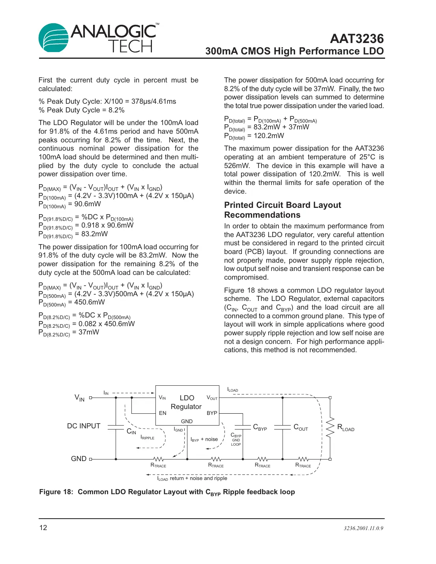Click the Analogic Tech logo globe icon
pos(53,37)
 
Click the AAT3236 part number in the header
pos(357,39)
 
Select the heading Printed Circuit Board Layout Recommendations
pos(282,210)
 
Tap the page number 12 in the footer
pos(43,528)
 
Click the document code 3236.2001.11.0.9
pos(363,528)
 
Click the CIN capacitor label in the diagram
pos(131,431)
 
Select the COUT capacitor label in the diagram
pos(301,427)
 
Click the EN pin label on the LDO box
pos(163,413)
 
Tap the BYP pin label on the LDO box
pos(212,413)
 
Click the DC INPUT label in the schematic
pos(84,426)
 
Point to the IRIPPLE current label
pos(148,438)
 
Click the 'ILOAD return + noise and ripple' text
pos(192,478)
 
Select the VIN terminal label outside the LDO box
pos(79,398)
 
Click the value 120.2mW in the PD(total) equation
pos(269,136)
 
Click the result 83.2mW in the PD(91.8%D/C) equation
pos(94,234)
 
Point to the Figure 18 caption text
pos(167,492)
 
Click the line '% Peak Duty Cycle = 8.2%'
pos(82,110)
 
